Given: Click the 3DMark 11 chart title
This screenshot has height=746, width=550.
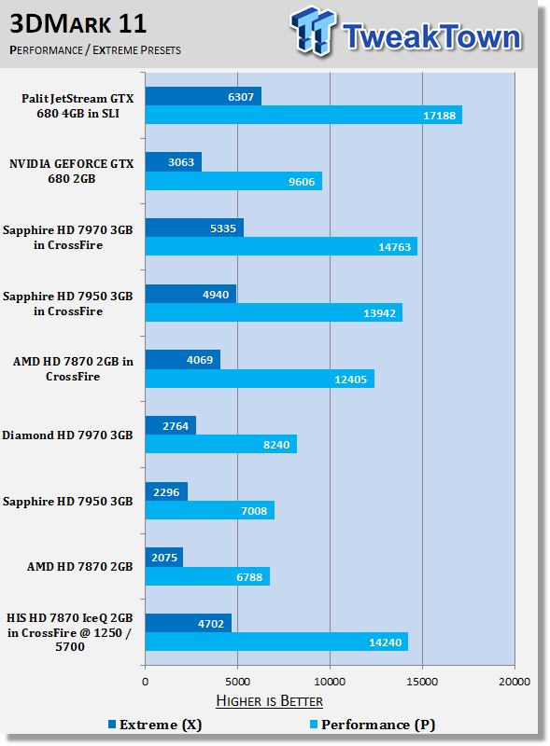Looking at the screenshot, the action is point(78,24).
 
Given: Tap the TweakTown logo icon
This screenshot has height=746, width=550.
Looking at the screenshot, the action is point(312,32).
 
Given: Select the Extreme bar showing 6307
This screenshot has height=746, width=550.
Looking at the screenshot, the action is point(204,96).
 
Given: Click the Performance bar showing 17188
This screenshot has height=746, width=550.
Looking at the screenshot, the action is point(303,115).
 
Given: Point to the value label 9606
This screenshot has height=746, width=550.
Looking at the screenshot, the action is point(302,182).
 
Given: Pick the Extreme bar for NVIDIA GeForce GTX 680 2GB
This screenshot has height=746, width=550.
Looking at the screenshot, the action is point(174,161).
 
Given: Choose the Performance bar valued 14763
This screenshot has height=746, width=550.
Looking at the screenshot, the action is point(281,246).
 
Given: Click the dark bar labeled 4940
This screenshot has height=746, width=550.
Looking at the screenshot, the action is point(190,294).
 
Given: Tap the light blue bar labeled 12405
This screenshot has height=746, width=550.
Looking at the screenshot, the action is point(260,379).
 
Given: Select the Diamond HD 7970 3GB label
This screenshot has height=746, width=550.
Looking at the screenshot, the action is point(67,435).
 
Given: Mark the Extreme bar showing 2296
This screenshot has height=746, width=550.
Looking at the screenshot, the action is point(166,491).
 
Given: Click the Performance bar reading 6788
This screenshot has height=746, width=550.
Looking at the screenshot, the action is point(207,576).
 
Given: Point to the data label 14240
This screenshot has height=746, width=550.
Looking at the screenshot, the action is point(385,642).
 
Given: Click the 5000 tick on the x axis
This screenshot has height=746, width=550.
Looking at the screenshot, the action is point(238,682).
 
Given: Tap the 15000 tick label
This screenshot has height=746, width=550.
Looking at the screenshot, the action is point(422,682).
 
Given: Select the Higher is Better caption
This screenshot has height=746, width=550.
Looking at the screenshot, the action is point(269,701).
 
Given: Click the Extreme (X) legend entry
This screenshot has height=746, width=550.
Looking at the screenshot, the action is point(155,725).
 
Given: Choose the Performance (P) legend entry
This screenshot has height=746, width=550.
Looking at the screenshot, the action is point(373,725).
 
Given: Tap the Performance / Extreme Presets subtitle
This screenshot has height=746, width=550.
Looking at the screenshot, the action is point(95,50).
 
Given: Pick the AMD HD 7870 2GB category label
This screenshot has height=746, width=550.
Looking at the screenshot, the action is point(79,567).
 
